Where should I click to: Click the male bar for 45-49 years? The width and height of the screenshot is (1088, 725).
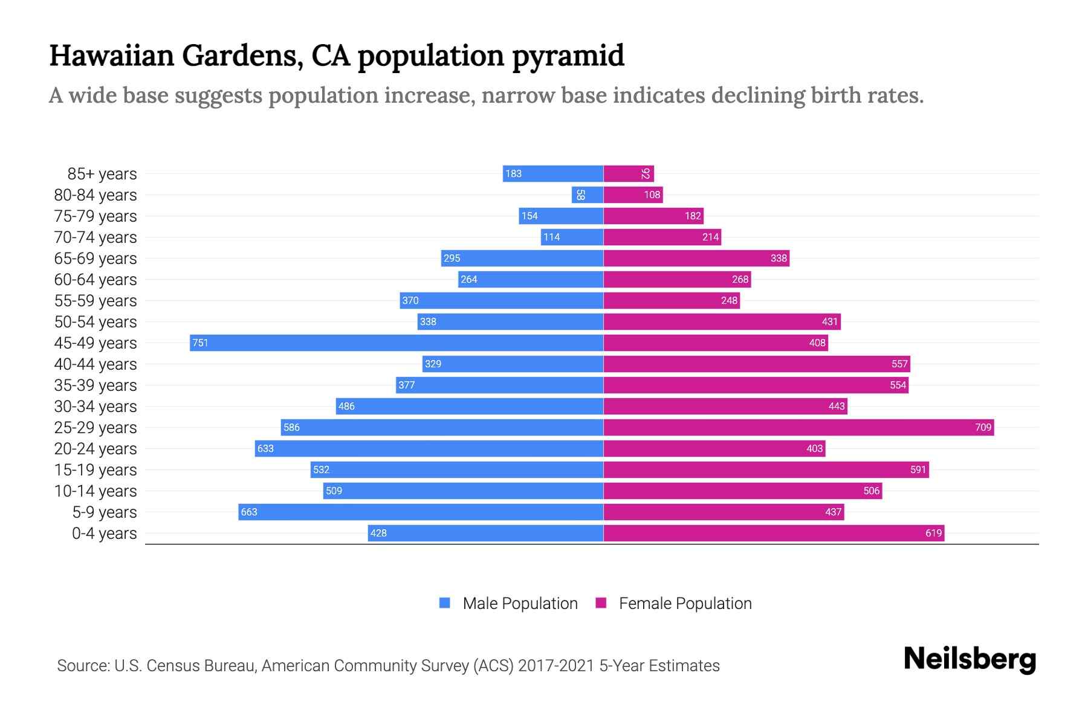click(397, 343)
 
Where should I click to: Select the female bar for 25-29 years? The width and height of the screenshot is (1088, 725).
click(798, 427)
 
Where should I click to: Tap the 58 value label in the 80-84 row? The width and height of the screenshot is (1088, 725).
click(580, 195)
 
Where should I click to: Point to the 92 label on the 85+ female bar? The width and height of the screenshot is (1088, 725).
click(646, 173)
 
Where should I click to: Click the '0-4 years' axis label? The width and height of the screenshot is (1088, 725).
click(104, 533)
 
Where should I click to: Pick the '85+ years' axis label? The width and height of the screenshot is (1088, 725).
click(102, 174)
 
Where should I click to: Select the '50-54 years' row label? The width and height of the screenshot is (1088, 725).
click(96, 322)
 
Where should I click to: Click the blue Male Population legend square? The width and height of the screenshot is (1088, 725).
click(445, 603)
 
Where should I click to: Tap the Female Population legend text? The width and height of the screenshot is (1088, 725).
click(685, 604)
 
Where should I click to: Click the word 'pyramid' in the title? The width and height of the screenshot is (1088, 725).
click(568, 56)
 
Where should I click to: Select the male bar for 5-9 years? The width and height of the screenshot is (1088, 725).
click(421, 512)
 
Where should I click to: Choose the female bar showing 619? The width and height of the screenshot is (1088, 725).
click(774, 533)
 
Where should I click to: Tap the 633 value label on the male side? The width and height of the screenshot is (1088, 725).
click(265, 448)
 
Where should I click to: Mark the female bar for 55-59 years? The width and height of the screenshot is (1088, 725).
click(671, 300)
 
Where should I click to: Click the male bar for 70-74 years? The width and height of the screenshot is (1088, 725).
click(572, 237)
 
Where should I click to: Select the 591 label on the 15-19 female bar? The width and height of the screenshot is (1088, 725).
click(918, 469)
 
